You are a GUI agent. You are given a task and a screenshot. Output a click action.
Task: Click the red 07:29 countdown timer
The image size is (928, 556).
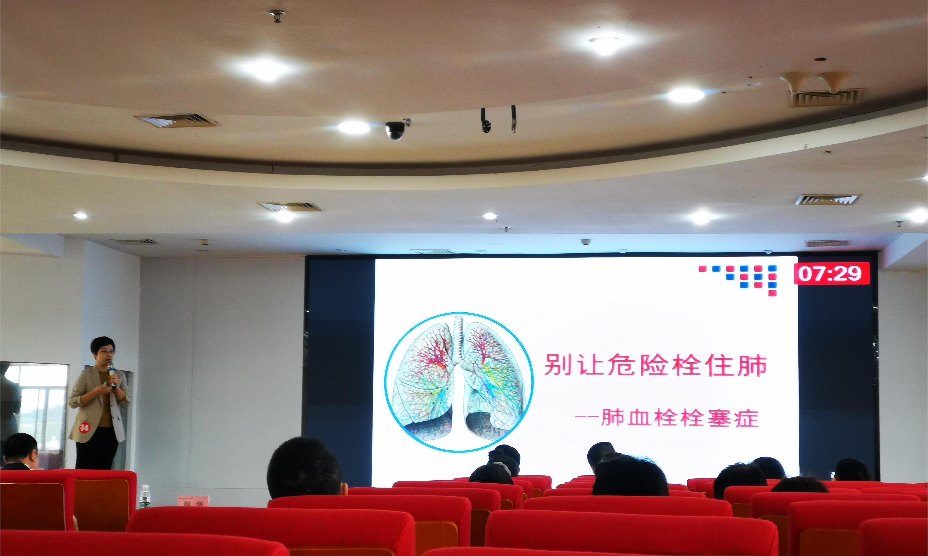(831, 274)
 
